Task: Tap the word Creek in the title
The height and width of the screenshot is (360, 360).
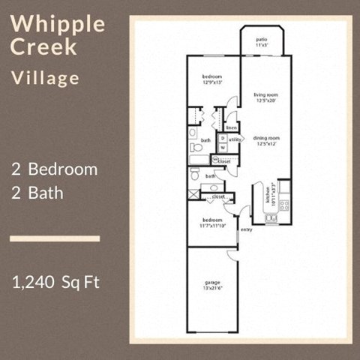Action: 44,47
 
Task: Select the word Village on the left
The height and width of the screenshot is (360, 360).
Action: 45,76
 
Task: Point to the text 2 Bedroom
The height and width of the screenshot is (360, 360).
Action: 54,169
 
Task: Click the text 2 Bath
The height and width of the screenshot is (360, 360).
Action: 37,193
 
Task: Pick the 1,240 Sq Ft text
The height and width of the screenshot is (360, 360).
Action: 56,283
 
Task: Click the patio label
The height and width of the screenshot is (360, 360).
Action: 262,42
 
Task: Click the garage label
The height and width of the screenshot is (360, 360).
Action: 212,285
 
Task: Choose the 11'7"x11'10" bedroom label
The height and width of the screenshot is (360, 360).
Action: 213,223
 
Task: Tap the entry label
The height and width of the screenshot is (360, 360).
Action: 246,229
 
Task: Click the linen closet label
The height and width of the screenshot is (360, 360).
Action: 232,128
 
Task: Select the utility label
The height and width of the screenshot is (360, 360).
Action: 235,139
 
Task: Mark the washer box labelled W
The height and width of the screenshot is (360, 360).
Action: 223,147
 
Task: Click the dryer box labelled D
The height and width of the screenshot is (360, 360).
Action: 223,138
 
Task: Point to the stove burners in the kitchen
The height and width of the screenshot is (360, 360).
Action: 272,219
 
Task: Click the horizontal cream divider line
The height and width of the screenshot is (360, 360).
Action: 55,239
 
